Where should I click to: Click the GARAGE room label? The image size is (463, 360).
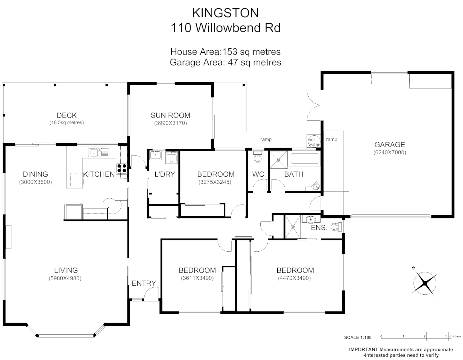tap(390, 145)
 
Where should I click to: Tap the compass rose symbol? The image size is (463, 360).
tap(425, 283)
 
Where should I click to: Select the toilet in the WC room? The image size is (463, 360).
tap(257, 157)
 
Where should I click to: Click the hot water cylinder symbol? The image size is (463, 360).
tap(314, 141)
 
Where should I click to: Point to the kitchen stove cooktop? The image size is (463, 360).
tap(122, 168)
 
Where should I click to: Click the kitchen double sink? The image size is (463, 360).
tap(99, 153)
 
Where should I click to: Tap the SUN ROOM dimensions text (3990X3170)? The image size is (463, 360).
tap(170, 123)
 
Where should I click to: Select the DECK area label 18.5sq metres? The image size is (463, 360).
tap(67, 122)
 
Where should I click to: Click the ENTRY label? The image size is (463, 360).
tap(144, 283)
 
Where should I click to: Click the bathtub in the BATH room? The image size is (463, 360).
tap(305, 158)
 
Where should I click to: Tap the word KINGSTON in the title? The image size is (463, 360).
tap(225, 13)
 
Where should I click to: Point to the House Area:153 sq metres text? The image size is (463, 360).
tap(225, 52)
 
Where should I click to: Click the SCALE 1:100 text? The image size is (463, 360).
tap(358, 337)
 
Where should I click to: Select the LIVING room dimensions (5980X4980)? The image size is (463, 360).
tap(66, 278)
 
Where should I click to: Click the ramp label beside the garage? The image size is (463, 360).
tap(331, 139)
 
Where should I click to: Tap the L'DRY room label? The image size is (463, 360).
tap(165, 174)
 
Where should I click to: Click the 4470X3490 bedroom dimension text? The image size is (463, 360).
tap(295, 278)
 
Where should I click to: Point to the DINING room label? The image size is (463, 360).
tap(35, 174)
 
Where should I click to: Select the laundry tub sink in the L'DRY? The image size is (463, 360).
tap(172, 157)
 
